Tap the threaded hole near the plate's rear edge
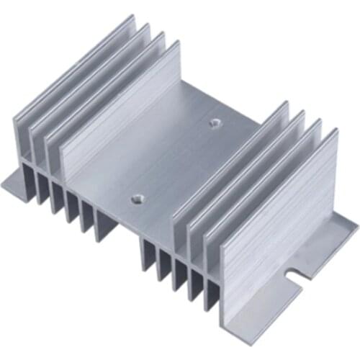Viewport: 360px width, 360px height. [213, 122]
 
